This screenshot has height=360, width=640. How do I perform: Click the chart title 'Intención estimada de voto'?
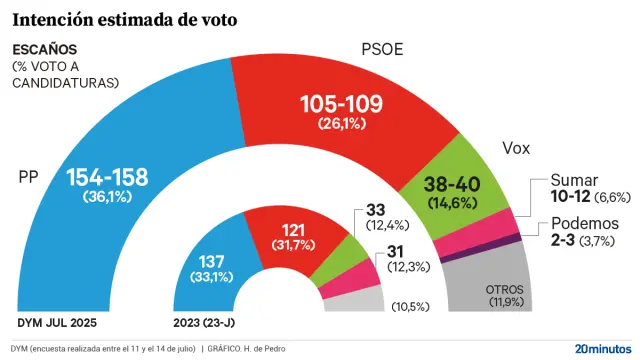click(x=125, y=19)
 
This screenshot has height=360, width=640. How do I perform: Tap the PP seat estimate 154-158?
click(x=107, y=178)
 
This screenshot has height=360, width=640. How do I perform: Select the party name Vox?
click(x=517, y=150)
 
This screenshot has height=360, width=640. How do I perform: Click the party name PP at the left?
click(x=29, y=177)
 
